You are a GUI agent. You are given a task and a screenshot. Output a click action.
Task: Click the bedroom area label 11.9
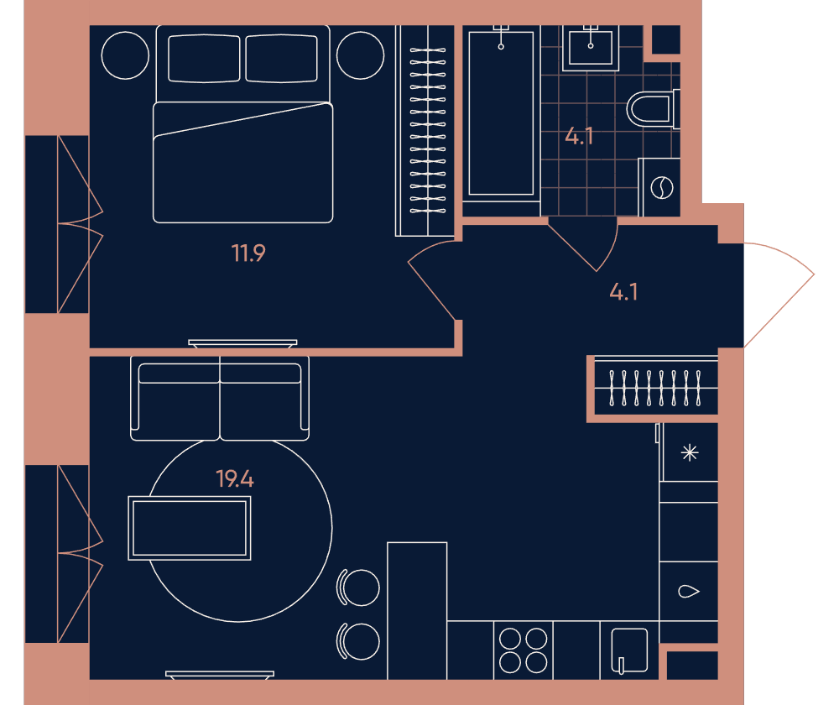pyautogui.click(x=248, y=253)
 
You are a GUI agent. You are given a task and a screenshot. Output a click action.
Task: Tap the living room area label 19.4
pyautogui.click(x=235, y=478)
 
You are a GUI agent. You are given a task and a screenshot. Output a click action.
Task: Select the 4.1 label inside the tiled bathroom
pyautogui.click(x=579, y=137)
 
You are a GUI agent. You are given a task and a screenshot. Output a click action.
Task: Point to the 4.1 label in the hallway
pyautogui.click(x=624, y=292)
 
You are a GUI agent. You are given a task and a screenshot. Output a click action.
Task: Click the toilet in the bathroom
pyautogui.click(x=653, y=109)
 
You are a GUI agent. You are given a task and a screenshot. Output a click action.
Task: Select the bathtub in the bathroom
pyautogui.click(x=501, y=113)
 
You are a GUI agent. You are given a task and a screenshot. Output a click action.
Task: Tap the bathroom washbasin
pyautogui.click(x=591, y=48)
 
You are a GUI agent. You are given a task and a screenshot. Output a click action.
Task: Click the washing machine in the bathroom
pyautogui.click(x=659, y=187)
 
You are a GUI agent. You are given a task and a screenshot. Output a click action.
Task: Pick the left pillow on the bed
pyautogui.click(x=204, y=59)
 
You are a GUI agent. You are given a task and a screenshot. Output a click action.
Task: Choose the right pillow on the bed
pyautogui.click(x=281, y=59)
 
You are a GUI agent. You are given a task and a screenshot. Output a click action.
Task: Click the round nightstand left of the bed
pyautogui.click(x=125, y=55)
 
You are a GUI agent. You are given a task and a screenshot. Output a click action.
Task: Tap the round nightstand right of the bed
pyautogui.click(x=360, y=55)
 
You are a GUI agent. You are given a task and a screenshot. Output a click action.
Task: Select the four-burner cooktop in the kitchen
pyautogui.click(x=524, y=650)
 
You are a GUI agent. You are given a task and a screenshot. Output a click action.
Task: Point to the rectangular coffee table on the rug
pyautogui.click(x=190, y=529)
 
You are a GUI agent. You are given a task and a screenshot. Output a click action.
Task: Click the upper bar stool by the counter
pyautogui.click(x=358, y=587)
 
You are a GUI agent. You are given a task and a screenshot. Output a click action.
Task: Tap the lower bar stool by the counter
pyautogui.click(x=358, y=641)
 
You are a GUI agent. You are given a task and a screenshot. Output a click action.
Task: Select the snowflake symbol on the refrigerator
pyautogui.click(x=690, y=453)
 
